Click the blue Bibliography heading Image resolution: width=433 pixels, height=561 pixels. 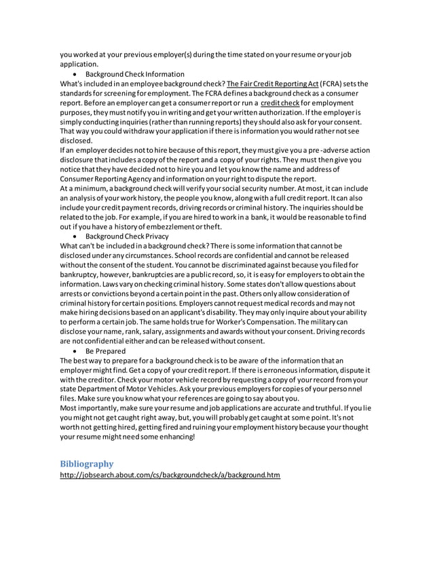tap(86, 463)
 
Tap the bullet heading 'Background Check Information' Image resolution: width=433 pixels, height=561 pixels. tap(134, 73)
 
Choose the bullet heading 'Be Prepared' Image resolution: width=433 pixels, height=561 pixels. tap(105, 350)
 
